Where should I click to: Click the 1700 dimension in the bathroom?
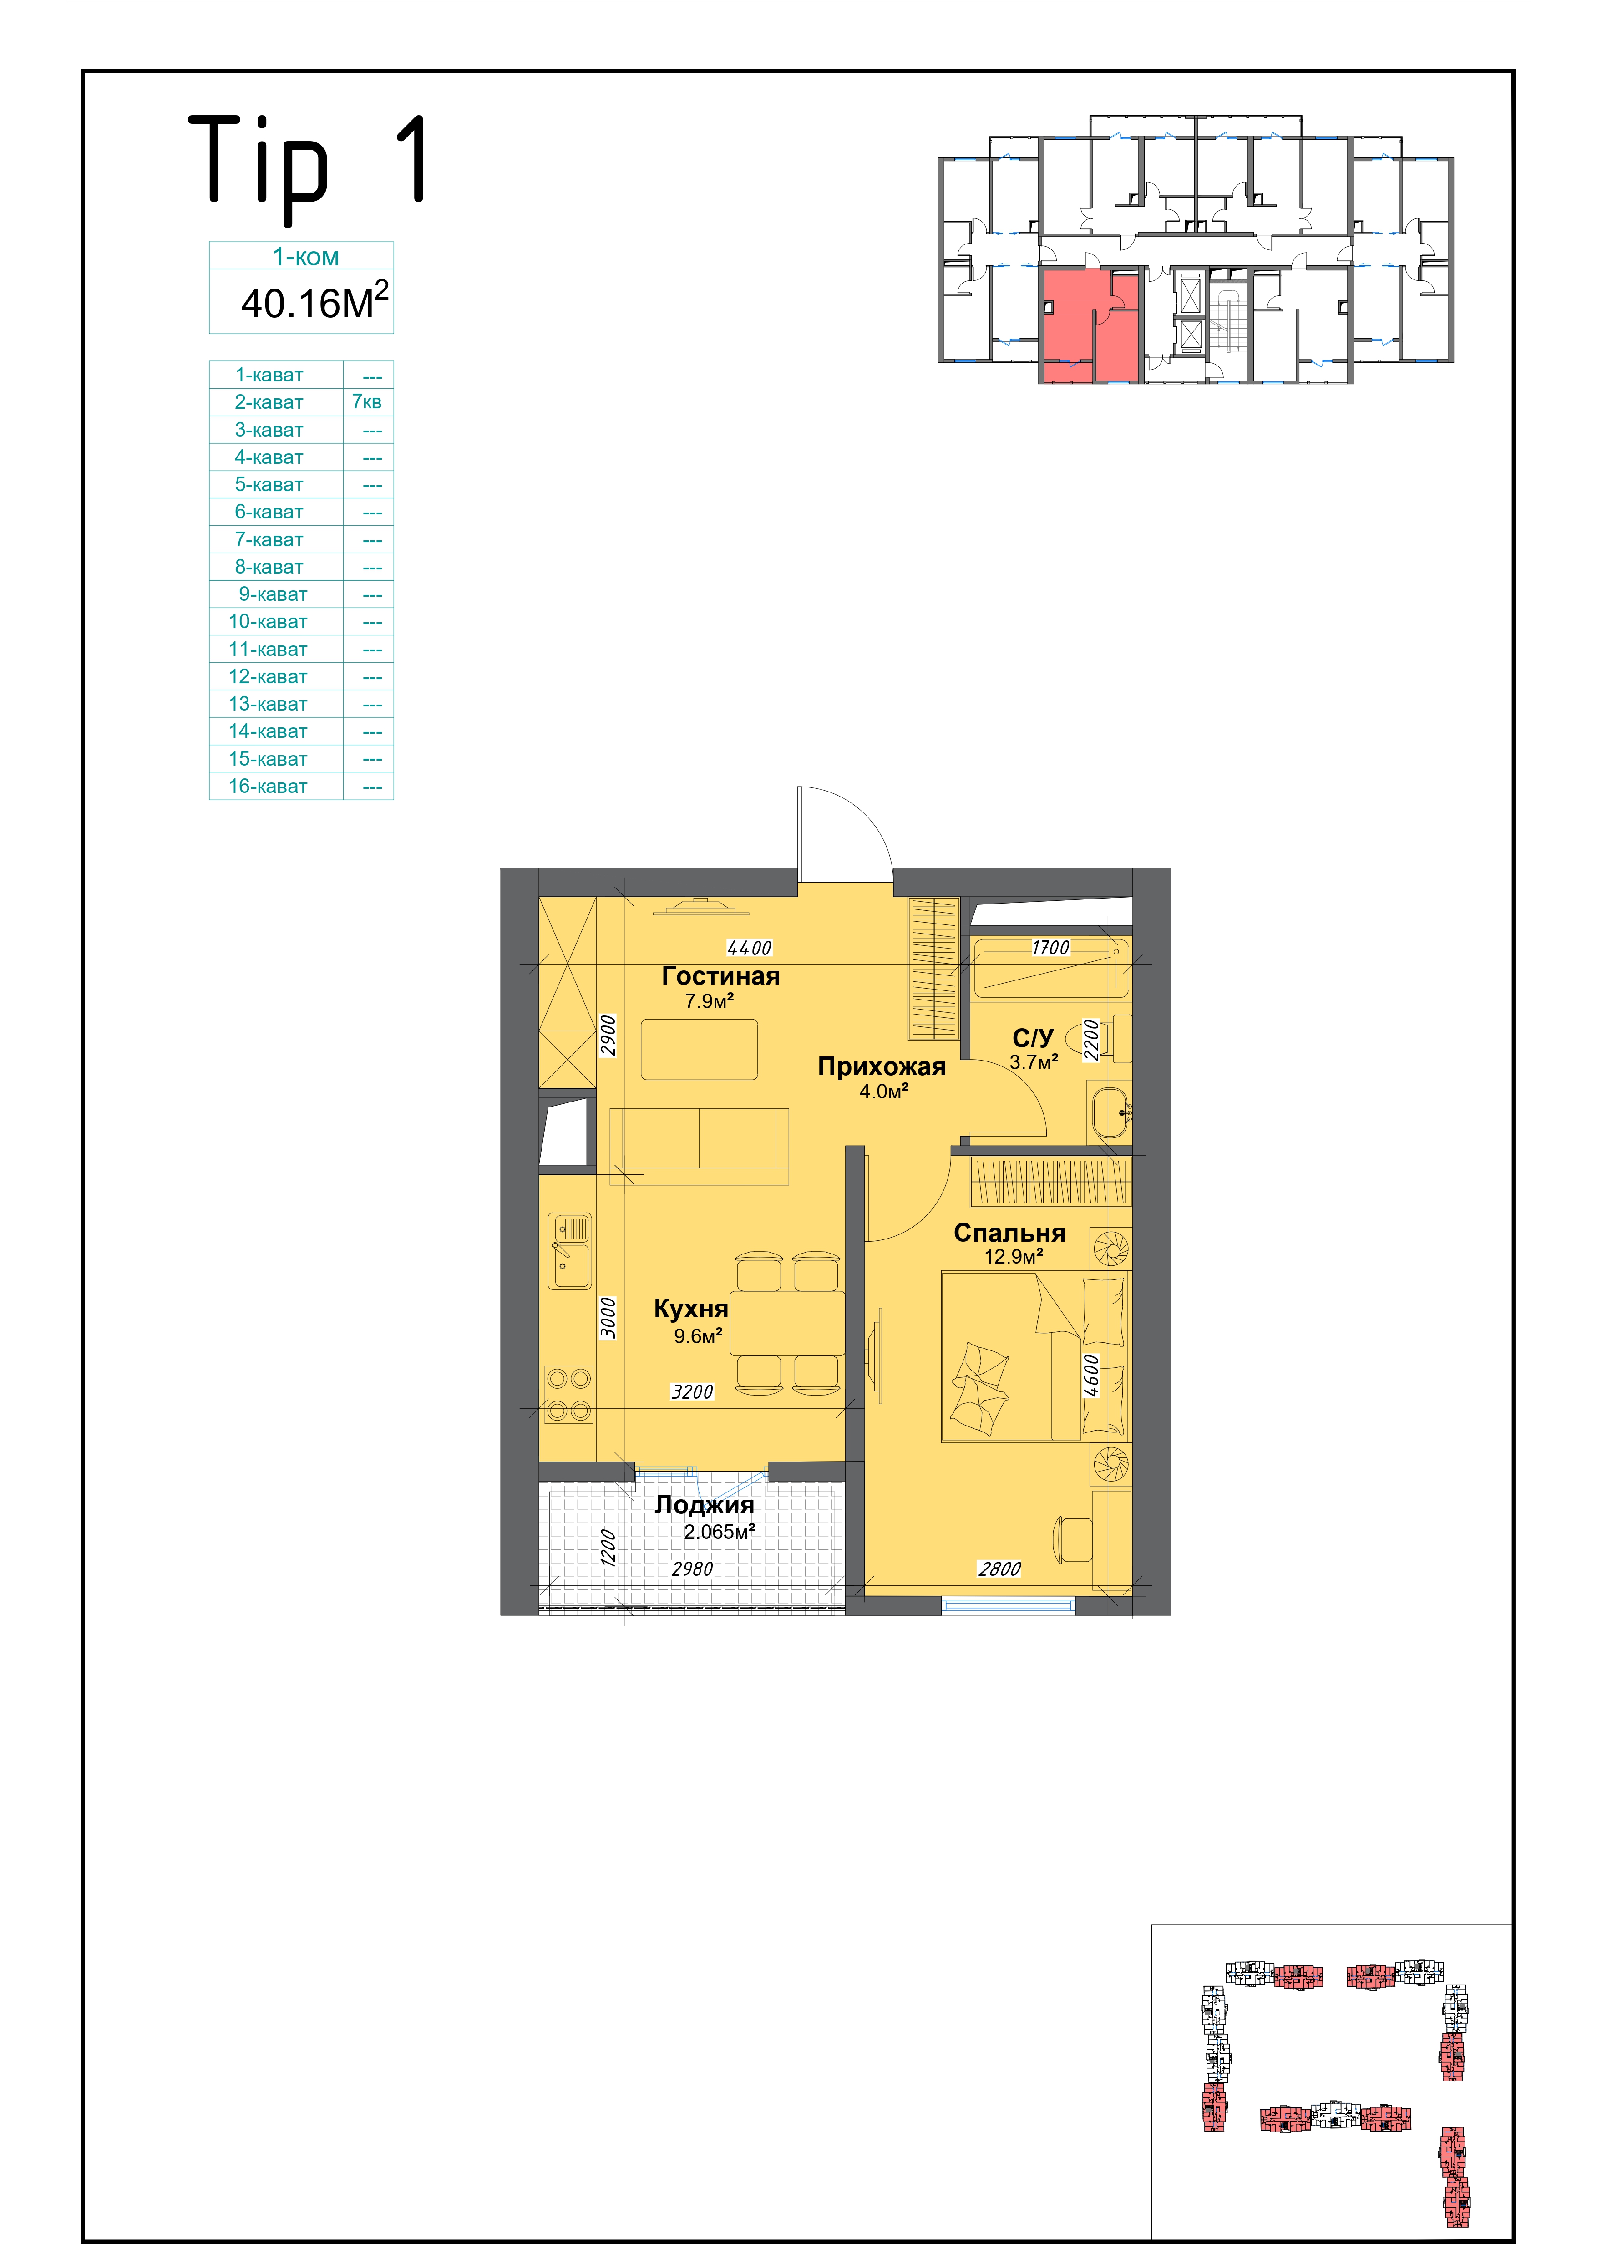(1050, 948)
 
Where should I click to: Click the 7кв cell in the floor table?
(367, 402)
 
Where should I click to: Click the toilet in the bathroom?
(1099, 1039)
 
